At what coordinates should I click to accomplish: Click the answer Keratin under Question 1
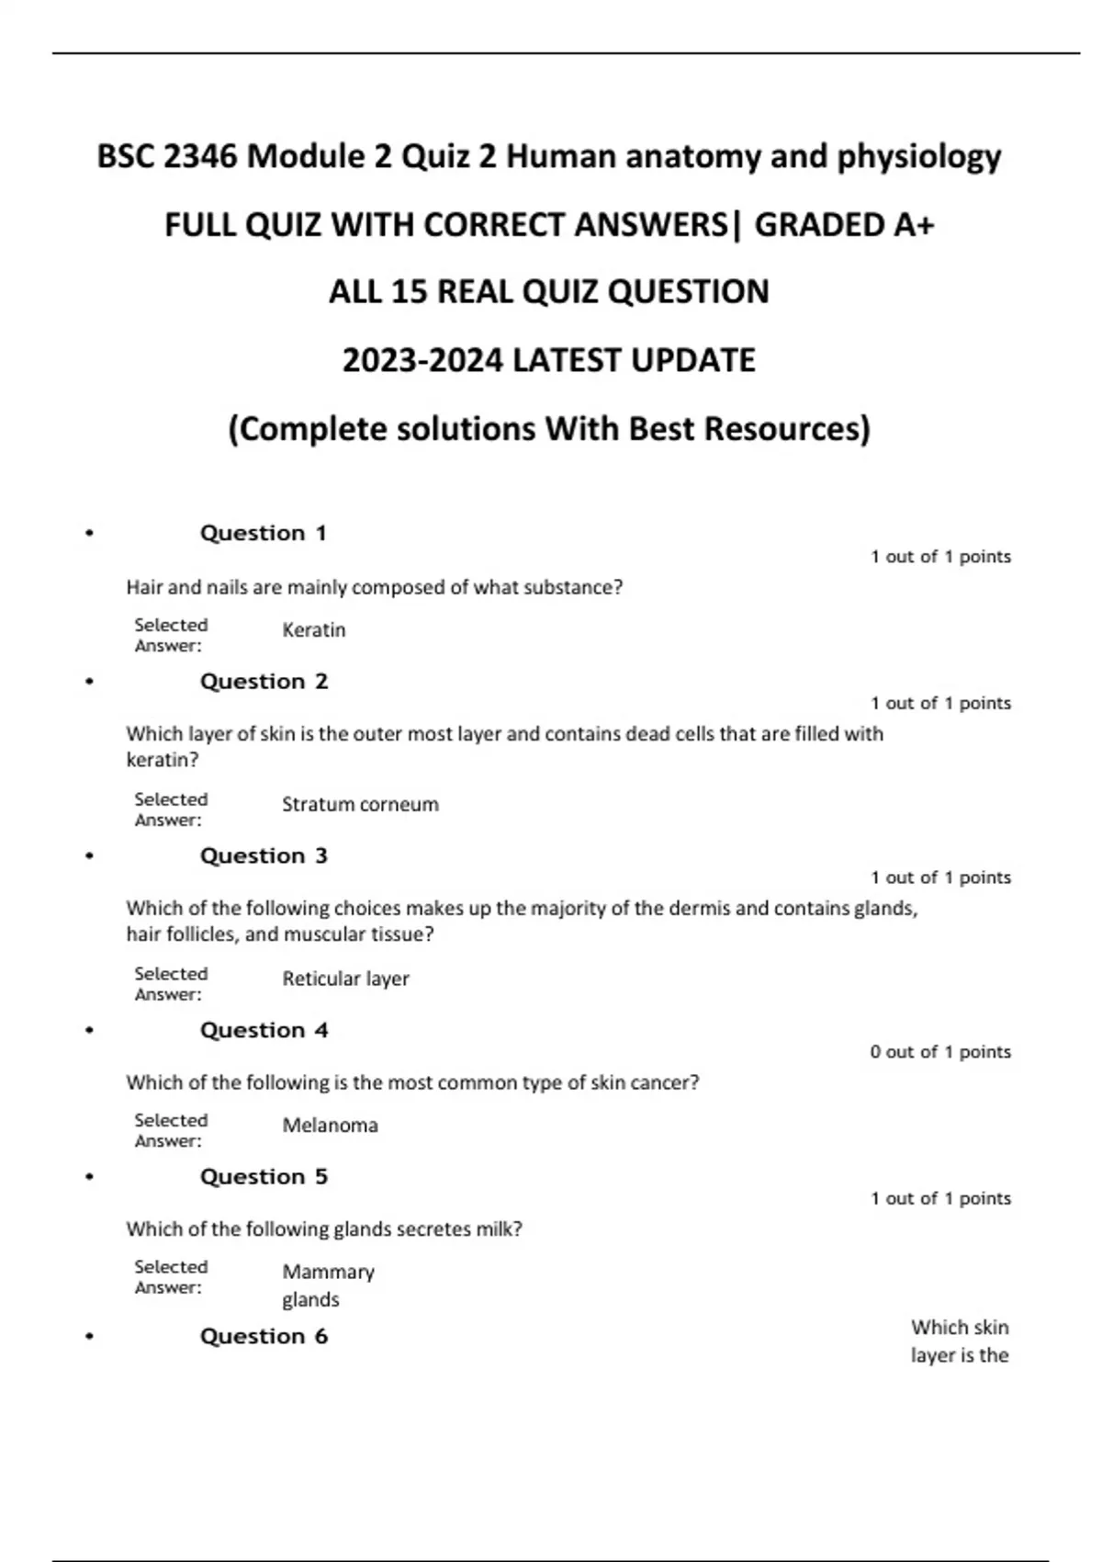(x=314, y=630)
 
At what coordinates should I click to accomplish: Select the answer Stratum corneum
(x=360, y=805)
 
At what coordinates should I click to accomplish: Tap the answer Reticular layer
(x=345, y=979)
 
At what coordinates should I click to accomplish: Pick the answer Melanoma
(x=330, y=1126)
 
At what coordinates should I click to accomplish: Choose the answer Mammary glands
(x=328, y=1285)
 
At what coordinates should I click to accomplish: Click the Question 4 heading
(x=264, y=1030)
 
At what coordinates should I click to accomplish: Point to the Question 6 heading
(x=264, y=1336)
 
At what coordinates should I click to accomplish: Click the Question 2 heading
(x=264, y=682)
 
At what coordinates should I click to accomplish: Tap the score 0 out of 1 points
(x=940, y=1052)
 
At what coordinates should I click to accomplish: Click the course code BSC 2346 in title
(x=167, y=157)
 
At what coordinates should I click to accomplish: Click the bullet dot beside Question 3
(x=89, y=856)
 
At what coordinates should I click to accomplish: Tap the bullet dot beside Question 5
(x=89, y=1177)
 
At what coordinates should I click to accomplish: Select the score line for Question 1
(x=940, y=557)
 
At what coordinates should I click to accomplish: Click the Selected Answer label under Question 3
(x=171, y=984)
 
